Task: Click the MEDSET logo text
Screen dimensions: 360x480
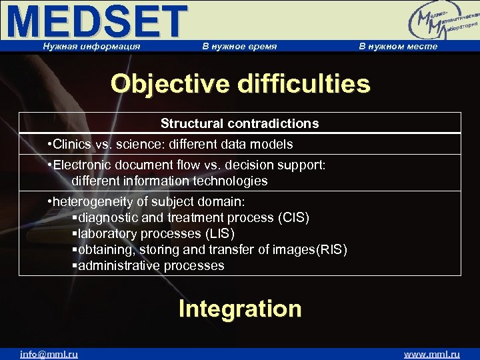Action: (x=97, y=21)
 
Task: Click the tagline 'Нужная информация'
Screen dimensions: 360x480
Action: (x=91, y=46)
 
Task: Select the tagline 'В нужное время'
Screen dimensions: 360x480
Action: (x=239, y=46)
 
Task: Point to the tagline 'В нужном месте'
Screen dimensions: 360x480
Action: (x=398, y=46)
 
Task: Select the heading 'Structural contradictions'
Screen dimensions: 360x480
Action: (x=239, y=123)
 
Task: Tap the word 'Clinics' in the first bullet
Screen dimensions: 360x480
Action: (x=73, y=145)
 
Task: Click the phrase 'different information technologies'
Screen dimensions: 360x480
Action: (x=169, y=181)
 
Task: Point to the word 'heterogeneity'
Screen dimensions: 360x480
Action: (x=91, y=202)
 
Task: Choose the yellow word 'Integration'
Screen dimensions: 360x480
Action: (x=240, y=309)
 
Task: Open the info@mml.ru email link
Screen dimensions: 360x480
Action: (x=49, y=354)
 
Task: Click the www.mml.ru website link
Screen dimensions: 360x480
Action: (x=431, y=354)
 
